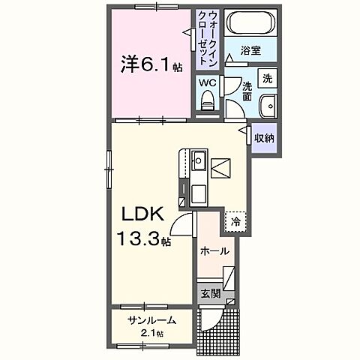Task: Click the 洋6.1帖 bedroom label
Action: (x=149, y=64)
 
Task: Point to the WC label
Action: (x=207, y=82)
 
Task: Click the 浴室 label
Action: (x=250, y=50)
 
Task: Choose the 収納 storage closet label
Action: (x=263, y=138)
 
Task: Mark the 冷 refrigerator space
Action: (x=235, y=221)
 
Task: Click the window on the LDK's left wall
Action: (x=110, y=169)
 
